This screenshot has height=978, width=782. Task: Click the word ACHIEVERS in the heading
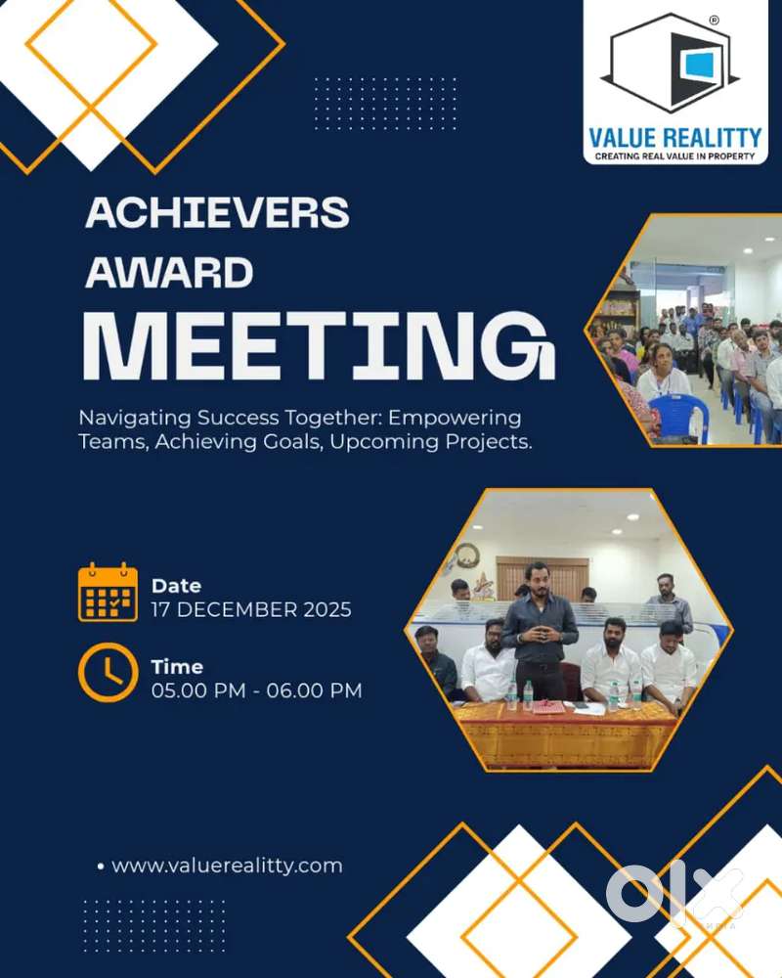pos(217,212)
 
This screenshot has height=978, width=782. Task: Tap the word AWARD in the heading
pos(170,273)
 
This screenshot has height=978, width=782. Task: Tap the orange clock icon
pos(108,673)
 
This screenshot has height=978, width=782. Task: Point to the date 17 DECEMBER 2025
pos(251,609)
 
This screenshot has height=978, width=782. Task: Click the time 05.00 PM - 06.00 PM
pos(256,690)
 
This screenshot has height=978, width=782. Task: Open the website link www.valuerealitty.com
pos(227,866)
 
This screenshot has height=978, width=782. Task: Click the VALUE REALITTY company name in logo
pos(675,138)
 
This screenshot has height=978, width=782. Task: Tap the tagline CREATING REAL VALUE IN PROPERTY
pos(674,156)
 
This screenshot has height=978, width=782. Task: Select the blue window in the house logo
pos(698,66)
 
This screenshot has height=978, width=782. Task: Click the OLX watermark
pos(674,893)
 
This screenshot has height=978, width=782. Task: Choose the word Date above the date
pos(177,586)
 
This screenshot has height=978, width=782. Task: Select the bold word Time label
pos(177,667)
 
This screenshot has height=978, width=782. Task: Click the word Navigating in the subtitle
pos(135,418)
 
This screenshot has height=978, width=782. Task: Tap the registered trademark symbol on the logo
pos(715,20)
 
